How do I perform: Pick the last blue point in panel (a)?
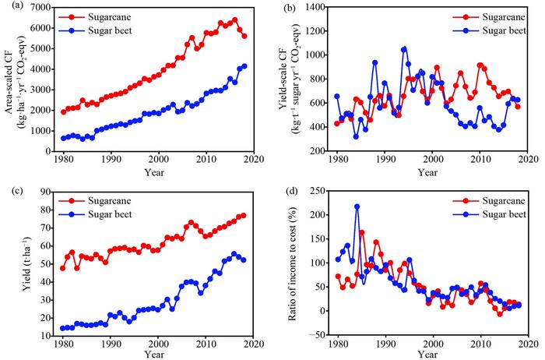[244, 66]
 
